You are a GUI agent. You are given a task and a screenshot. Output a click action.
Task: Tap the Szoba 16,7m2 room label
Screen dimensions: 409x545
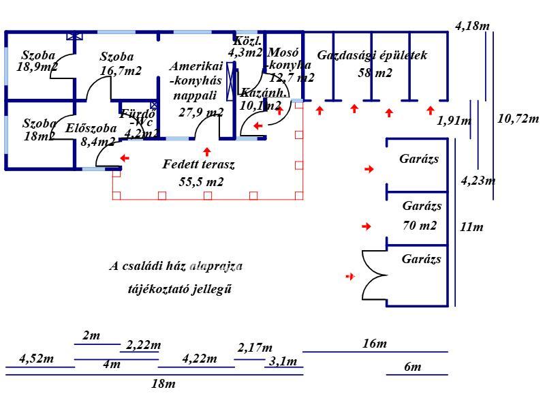(120, 63)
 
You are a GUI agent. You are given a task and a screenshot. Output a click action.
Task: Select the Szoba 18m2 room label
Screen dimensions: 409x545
(39, 130)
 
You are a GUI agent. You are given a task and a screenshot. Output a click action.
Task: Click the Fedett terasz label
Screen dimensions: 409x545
(199, 164)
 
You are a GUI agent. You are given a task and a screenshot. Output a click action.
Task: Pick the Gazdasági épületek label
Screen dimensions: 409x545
(372, 56)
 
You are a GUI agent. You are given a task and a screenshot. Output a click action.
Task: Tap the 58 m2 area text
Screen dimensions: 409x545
(375, 74)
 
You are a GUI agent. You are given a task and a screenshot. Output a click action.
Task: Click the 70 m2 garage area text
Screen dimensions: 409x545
(420, 225)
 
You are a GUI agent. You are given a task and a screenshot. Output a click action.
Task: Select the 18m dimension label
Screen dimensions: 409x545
(163, 384)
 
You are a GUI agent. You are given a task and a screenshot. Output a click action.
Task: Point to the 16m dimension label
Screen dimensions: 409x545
(375, 344)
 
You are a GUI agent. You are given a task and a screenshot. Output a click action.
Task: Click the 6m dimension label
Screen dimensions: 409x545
(412, 367)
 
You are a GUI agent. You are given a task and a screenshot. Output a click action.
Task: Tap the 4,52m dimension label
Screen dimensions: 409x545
(37, 359)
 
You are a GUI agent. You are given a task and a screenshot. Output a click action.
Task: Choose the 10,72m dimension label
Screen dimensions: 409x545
(518, 119)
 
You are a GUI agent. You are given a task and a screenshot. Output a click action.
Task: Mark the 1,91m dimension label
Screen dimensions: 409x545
(454, 121)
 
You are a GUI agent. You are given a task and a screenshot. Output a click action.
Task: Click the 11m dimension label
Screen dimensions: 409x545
(471, 227)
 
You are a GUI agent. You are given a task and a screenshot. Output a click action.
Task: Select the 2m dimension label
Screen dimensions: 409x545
(91, 335)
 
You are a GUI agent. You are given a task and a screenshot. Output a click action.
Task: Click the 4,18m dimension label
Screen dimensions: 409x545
(472, 26)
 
